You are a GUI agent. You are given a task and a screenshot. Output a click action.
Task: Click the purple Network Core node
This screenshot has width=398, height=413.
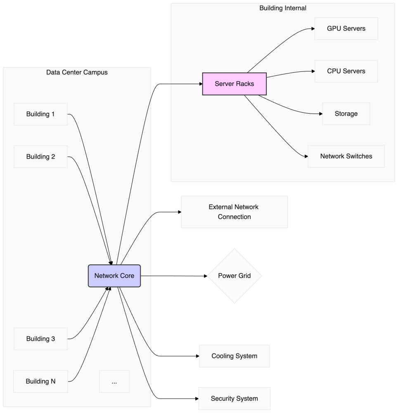tap(114, 276)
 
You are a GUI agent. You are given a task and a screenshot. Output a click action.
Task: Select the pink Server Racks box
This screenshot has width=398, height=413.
tap(234, 84)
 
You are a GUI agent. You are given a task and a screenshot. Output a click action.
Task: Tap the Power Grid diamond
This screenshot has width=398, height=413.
tap(235, 276)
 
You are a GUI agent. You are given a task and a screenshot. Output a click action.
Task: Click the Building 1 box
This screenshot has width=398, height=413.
tap(40, 114)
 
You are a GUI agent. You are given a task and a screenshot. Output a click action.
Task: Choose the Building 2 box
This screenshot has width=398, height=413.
tap(40, 157)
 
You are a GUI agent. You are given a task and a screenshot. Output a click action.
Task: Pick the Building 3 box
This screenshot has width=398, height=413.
tap(40, 339)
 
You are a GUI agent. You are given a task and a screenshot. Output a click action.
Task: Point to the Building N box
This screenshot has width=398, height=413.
tap(40, 381)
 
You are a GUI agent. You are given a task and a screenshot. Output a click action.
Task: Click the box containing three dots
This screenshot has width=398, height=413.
tap(114, 381)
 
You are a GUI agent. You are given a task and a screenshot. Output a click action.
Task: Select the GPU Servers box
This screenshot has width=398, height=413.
tap(346, 28)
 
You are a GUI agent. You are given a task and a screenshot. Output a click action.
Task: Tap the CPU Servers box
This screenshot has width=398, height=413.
tap(346, 71)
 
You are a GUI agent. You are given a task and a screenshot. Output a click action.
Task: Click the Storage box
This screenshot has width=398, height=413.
tap(346, 114)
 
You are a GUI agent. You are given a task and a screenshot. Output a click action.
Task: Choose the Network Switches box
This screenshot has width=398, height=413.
tap(346, 156)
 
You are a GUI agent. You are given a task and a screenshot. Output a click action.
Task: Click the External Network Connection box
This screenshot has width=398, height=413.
tap(234, 212)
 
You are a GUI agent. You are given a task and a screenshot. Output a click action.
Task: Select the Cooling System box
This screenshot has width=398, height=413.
tap(234, 356)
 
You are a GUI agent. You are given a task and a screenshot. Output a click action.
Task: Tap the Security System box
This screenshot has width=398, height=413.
tap(234, 399)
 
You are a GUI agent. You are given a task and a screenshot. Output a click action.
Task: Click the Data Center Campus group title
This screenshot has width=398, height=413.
tap(77, 73)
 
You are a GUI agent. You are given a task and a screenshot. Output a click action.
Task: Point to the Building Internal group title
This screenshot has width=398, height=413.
tap(282, 8)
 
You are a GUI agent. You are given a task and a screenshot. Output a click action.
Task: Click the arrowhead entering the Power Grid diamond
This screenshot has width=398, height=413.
tap(205, 276)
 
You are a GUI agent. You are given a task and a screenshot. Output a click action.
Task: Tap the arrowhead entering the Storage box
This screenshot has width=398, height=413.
tap(320, 114)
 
